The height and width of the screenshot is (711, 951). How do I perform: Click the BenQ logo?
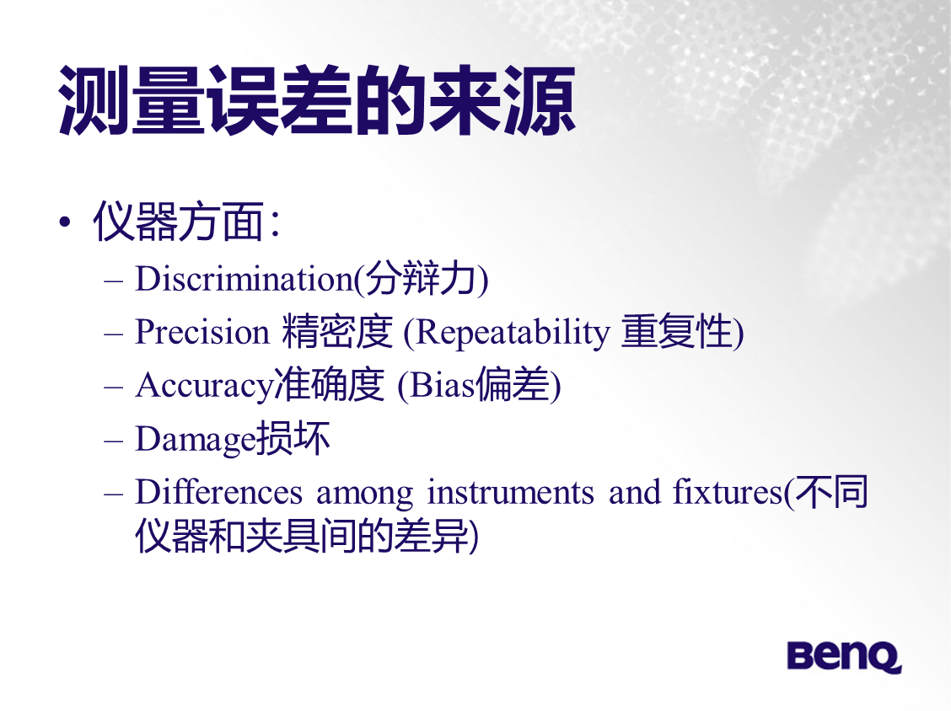pyautogui.click(x=844, y=656)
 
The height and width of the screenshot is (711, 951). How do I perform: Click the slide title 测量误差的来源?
pyautogui.click(x=317, y=100)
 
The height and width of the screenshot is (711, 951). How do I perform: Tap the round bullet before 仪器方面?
pyautogui.click(x=65, y=222)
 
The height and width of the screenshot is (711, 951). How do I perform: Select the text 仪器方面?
pyautogui.click(x=179, y=222)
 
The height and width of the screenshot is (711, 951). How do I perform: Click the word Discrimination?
pyautogui.click(x=244, y=279)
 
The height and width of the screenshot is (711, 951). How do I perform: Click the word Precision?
pyautogui.click(x=202, y=332)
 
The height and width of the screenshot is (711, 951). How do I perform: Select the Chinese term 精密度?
pyautogui.click(x=337, y=332)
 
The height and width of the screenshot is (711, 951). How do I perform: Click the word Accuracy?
pyautogui.click(x=204, y=386)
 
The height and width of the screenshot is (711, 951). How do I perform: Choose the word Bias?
pyautogui.click(x=442, y=385)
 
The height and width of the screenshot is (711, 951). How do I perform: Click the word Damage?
pyautogui.click(x=196, y=440)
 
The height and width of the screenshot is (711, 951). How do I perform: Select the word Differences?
pyautogui.click(x=218, y=492)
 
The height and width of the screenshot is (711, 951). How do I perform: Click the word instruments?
pyautogui.click(x=511, y=492)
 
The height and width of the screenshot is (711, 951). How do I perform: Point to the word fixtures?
pyautogui.click(x=728, y=492)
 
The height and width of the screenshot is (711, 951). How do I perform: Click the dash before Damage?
pyautogui.click(x=114, y=441)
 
